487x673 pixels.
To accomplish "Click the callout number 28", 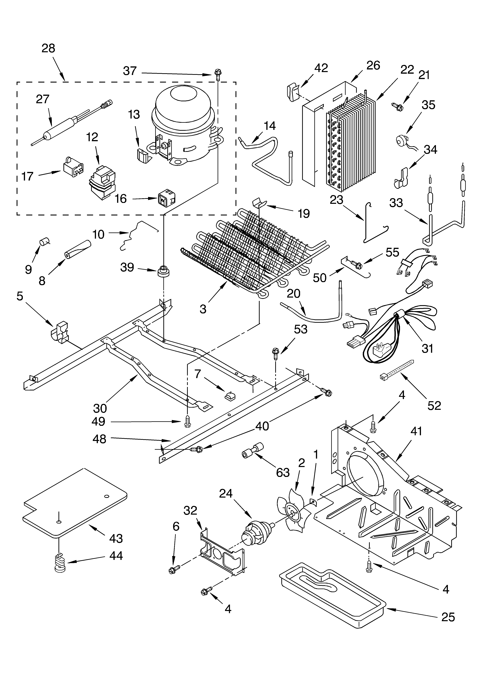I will coord(48,48).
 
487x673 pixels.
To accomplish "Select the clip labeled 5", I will coord(60,332).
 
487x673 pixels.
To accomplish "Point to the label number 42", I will coord(321,68).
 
